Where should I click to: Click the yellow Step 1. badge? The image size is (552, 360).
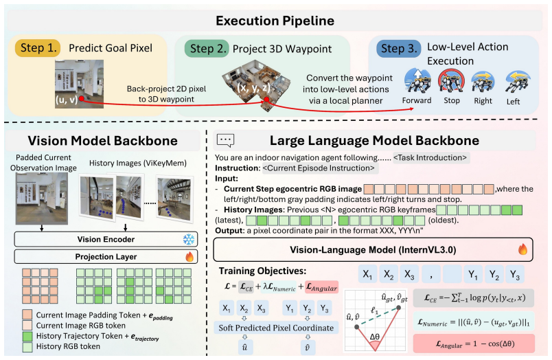38,48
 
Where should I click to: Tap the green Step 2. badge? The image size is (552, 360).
207,49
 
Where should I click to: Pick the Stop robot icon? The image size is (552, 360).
451,80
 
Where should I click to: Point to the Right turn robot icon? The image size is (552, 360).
483,82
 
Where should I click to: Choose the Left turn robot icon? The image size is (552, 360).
517,82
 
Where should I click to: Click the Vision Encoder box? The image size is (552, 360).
106,240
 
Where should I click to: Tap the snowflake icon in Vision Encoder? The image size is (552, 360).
189,240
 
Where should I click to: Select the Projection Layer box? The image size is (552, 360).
106,257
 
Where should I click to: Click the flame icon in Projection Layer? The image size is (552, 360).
189,256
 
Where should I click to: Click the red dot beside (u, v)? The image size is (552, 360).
81,99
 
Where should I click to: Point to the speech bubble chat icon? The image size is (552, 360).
225,141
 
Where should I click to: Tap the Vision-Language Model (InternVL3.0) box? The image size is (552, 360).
373,250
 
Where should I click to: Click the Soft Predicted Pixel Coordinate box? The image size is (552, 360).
277,328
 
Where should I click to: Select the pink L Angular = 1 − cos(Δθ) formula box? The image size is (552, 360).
474,344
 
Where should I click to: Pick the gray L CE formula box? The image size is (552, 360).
474,298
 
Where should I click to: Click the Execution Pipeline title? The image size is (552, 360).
275,21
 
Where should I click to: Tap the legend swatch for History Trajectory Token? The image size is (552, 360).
27,337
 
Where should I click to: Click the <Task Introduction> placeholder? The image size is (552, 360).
430,157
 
